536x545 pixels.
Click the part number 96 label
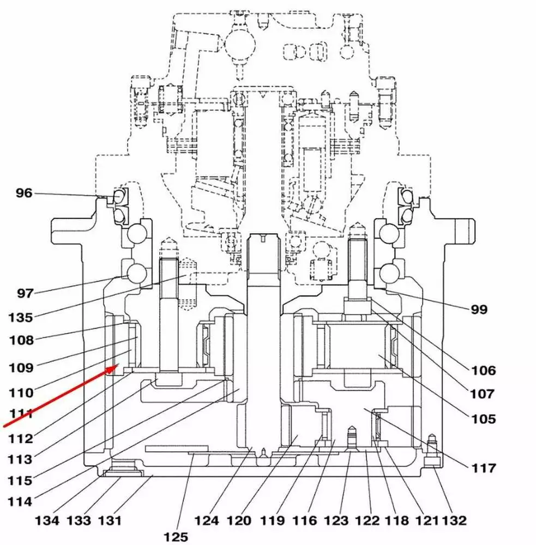(24, 193)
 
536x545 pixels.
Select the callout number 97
(25, 294)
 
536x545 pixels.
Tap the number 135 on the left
(20, 317)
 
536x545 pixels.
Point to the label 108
(21, 341)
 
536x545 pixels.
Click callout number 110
(21, 392)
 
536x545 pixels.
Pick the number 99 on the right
(479, 310)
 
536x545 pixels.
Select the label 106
(484, 371)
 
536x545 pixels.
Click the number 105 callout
(484, 419)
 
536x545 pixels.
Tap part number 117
(484, 468)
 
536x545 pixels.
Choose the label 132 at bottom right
(454, 520)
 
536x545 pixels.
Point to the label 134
(47, 520)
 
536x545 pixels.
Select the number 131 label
(110, 520)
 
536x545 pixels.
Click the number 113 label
(20, 459)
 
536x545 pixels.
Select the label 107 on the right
(484, 393)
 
